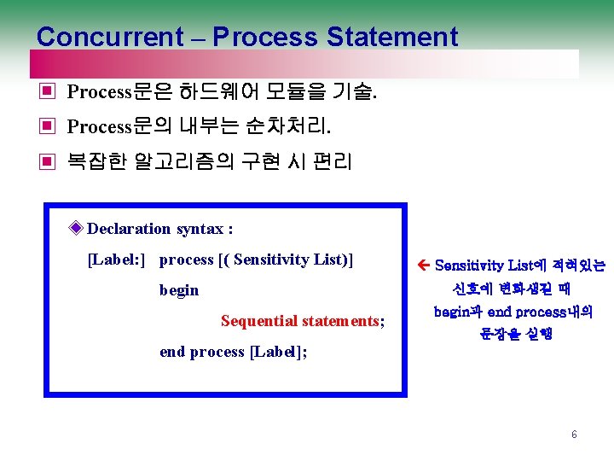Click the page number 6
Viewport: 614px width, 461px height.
[574, 435]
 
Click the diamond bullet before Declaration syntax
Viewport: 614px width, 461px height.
[77, 228]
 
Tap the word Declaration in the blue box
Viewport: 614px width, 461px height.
[129, 228]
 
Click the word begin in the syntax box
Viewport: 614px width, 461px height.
[179, 290]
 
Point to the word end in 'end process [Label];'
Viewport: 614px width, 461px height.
[172, 352]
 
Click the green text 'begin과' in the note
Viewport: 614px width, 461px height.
[458, 312]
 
